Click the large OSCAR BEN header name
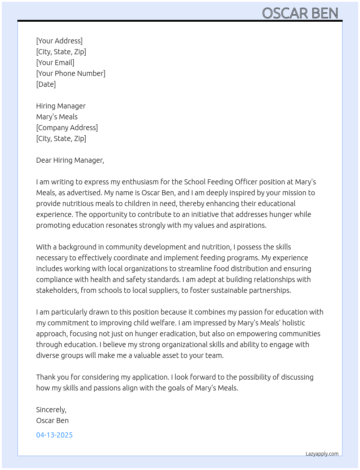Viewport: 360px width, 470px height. click(300, 13)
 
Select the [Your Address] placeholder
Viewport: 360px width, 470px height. click(59, 41)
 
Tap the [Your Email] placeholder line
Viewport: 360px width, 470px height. click(55, 63)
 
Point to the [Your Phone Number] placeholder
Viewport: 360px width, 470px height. click(71, 73)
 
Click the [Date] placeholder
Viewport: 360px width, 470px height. click(46, 84)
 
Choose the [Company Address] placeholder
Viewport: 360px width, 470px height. click(67, 128)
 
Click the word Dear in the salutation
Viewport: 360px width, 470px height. click(44, 160)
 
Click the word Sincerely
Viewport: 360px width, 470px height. click(51, 410)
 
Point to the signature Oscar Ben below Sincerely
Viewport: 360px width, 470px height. click(52, 420)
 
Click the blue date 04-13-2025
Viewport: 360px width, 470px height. click(54, 435)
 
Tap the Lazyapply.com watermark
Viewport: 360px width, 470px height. click(322, 454)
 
